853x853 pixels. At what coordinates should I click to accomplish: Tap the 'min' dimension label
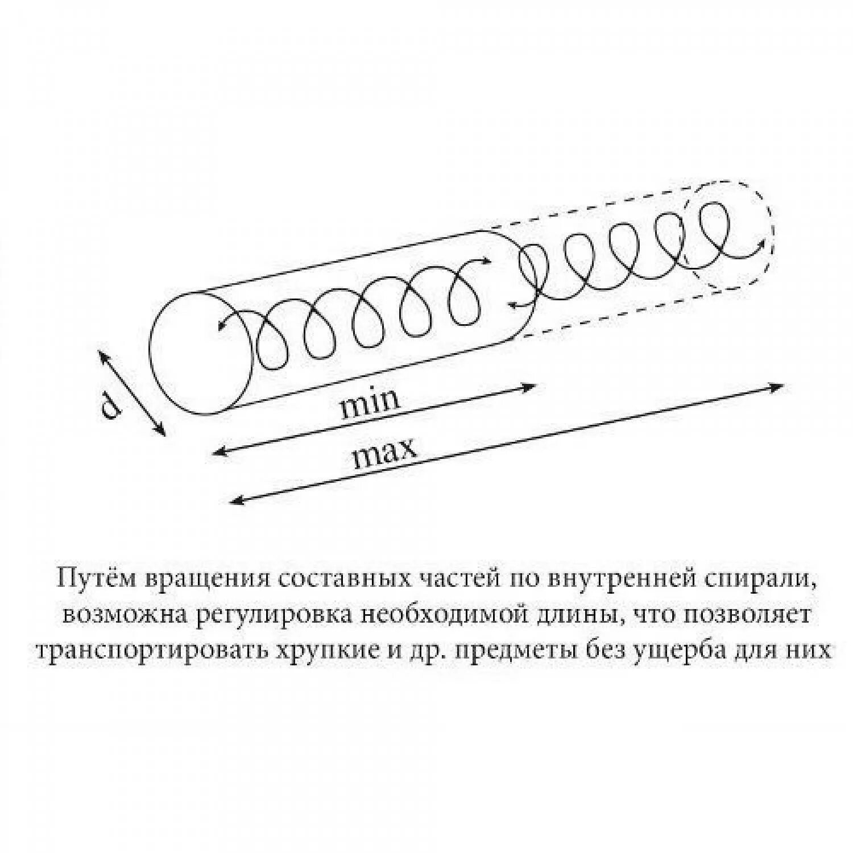tap(370, 402)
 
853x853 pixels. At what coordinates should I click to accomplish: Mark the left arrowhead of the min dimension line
tap(218, 452)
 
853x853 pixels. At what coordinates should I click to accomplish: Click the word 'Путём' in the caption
tap(97, 579)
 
